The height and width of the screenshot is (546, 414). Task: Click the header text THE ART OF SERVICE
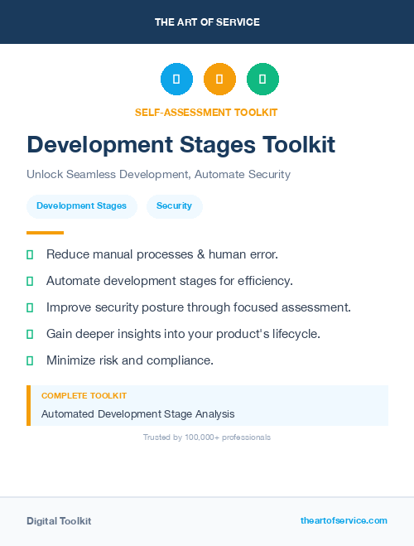point(207,22)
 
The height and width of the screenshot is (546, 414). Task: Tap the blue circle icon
point(176,80)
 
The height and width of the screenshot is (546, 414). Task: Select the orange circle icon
point(219,80)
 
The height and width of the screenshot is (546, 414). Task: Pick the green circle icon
point(262,80)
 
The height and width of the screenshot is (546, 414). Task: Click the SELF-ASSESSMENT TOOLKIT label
point(206,112)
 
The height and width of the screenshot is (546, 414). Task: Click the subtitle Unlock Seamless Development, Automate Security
point(158,175)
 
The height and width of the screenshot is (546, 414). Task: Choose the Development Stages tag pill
point(81,205)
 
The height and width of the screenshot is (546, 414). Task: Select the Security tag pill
point(174,205)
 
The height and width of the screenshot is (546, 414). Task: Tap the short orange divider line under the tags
point(45,233)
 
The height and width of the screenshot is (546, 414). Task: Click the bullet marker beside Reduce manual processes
point(30,254)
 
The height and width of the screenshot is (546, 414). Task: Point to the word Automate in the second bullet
point(73,281)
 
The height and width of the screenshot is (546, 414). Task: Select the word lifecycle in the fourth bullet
point(294,334)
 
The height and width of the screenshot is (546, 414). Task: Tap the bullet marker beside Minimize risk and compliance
point(30,360)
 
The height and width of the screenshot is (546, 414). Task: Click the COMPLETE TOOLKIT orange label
point(84,396)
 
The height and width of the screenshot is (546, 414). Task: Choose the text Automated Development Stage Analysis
point(137,413)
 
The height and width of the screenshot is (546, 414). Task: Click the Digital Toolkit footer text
point(59,521)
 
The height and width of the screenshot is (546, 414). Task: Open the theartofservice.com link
point(344,520)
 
